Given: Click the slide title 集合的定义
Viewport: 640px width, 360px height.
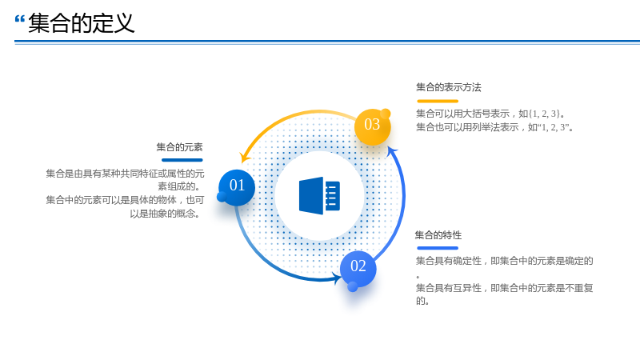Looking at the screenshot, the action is pos(82,23).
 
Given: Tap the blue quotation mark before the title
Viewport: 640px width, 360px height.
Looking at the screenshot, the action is pos(19,18).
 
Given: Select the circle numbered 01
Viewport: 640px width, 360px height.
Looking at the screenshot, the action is pos(237,187).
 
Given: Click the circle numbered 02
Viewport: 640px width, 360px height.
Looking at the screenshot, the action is pos(358,268).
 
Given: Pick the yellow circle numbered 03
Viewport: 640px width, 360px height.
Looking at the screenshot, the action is pos(372,126).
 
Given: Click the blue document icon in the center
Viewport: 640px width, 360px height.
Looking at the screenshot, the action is pos(319,196).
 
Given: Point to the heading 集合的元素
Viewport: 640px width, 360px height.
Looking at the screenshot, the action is pos(179,147).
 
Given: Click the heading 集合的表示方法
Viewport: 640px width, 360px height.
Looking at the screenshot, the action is pos(449,87).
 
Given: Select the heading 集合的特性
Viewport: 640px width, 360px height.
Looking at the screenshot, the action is pos(438,235).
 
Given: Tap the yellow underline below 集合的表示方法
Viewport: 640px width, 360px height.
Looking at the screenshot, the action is pos(438,101).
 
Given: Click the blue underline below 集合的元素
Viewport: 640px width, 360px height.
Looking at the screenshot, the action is pos(182,160).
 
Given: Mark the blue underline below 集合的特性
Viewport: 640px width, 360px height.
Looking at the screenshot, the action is pos(438,248).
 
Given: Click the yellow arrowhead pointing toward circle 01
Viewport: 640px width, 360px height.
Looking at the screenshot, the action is pos(245,157).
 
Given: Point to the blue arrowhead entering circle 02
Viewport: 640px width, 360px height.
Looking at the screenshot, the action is pos(338,278).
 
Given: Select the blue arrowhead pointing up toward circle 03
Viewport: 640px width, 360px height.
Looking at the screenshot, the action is pos(392,152).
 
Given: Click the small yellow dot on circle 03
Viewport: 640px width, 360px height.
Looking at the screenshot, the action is pos(386,114).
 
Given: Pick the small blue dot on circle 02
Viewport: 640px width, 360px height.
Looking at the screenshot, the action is pos(353,287).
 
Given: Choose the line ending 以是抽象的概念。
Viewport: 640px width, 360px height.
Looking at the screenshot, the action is pos(166,214).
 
